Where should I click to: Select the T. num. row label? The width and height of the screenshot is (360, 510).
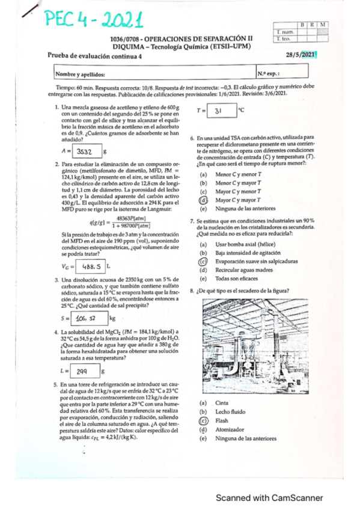click(283, 31)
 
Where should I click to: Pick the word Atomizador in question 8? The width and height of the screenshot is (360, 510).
click(230, 429)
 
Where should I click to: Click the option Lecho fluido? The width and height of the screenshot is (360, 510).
click(230, 412)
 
